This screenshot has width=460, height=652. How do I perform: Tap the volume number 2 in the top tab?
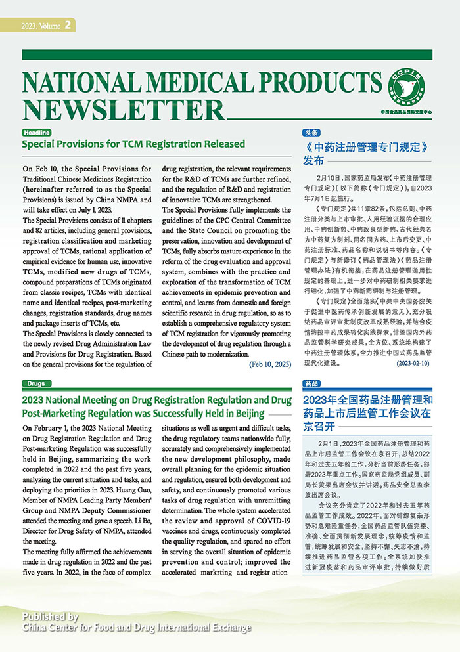point(68,25)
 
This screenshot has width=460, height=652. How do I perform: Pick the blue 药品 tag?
point(311,383)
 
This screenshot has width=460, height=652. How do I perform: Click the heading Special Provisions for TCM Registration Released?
point(133,144)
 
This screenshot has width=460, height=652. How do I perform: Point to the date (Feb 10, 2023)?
point(269,364)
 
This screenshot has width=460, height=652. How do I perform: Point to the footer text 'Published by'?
point(50,617)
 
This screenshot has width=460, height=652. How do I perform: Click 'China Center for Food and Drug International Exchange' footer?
point(137,628)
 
